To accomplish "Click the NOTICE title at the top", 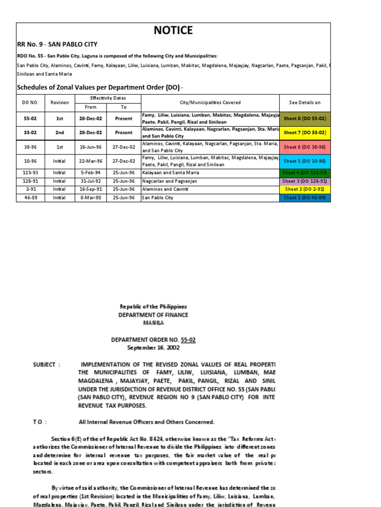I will point(173,31).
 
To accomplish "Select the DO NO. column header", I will point(30,102).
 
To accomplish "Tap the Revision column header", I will point(60,102).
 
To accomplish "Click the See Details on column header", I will point(305,102).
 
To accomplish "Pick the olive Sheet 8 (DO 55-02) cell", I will point(305,119).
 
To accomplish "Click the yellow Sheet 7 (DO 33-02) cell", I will point(305,133).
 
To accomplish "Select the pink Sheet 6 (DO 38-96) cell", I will point(305,147).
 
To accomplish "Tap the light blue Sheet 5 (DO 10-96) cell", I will point(305,161).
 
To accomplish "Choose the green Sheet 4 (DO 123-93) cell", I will point(305,172).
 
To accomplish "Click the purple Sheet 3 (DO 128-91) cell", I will point(305,181).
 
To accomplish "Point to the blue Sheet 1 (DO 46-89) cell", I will point(305,198).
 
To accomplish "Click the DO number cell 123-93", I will point(30,173).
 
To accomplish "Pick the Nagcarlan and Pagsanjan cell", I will point(169,181).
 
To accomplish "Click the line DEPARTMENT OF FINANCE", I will point(153,315).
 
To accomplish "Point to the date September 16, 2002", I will point(153,348).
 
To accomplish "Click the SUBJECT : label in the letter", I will point(47,365).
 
